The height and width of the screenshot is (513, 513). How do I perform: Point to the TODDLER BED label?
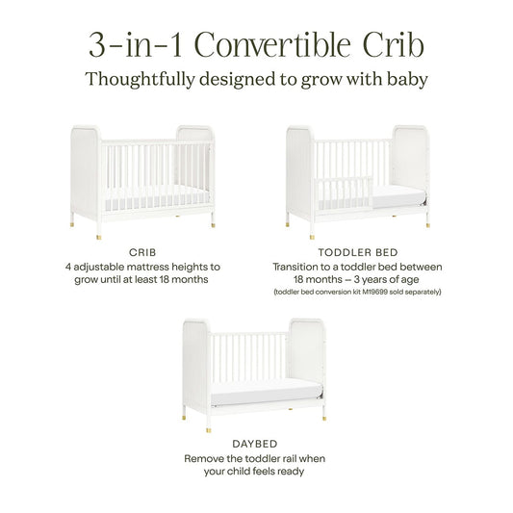(366, 251)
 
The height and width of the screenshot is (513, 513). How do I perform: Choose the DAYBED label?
(257, 445)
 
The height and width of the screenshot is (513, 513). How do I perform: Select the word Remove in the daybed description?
(204, 458)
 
